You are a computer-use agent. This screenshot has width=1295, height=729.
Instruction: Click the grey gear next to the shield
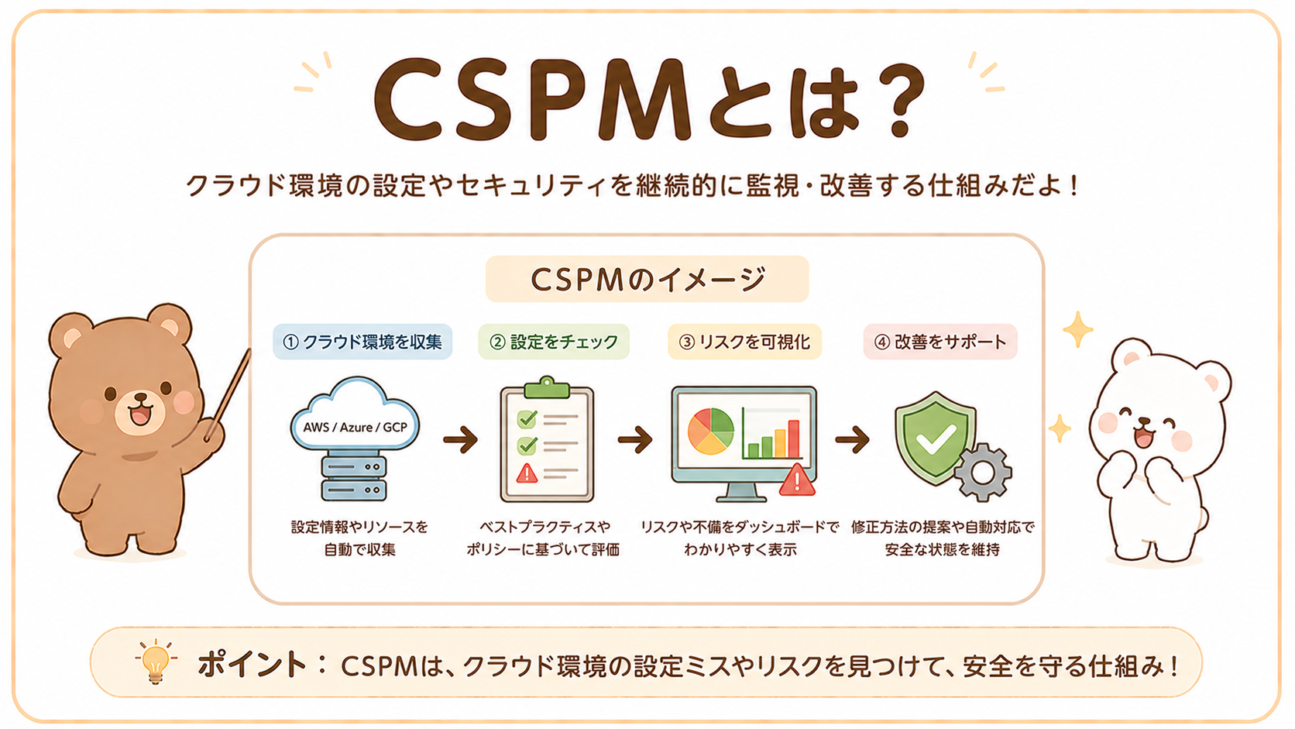pos(982,473)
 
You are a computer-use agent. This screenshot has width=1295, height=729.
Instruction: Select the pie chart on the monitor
pos(710,432)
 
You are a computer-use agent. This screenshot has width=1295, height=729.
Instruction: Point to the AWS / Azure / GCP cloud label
pos(355,427)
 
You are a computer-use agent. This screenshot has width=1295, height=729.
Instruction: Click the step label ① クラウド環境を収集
pos(362,342)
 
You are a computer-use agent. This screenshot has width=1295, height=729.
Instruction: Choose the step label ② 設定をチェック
pos(554,342)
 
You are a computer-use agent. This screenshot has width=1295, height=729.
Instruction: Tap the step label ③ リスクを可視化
pos(744,342)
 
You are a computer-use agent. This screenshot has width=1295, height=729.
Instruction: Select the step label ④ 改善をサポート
pos(940,342)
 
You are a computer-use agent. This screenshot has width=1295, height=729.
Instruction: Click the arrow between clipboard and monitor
pos(635,440)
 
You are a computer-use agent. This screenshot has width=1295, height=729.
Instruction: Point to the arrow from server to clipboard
pos(460,440)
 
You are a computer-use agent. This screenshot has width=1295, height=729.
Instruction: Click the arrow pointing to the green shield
pos(852,440)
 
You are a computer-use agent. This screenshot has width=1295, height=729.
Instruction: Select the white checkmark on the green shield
pos(936,440)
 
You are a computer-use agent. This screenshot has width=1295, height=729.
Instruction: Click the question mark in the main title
pos(897,98)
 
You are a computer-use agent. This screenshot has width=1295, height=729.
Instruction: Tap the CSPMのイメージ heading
pos(647,279)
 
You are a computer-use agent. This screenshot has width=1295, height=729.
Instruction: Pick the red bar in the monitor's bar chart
pos(794,438)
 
